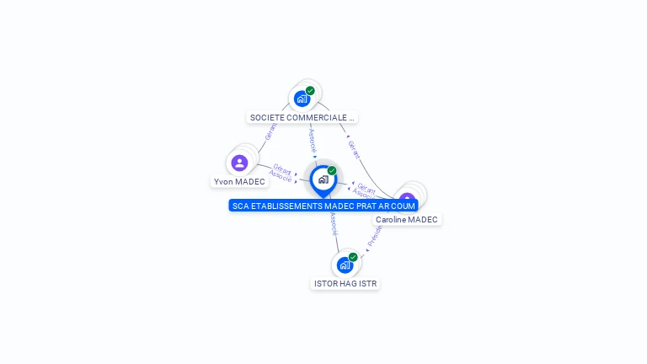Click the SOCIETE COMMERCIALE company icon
(302, 99)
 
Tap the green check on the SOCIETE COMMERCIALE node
(310, 90)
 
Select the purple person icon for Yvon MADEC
(239, 163)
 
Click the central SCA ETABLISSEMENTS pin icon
(323, 179)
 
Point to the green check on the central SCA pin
(332, 170)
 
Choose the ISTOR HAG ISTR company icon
(345, 265)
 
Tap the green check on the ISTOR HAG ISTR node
(353, 257)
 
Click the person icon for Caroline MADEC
(408, 200)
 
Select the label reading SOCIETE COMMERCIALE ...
(302, 117)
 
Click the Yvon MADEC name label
(239, 181)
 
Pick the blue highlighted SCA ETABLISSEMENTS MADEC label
(323, 205)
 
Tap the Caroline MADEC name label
(407, 219)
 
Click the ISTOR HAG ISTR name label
(345, 284)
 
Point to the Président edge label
(375, 235)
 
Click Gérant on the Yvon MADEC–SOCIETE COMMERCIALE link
(270, 131)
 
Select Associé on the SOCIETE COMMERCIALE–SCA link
(312, 138)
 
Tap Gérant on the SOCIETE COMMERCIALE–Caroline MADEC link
(354, 150)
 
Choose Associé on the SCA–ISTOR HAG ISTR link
(334, 222)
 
